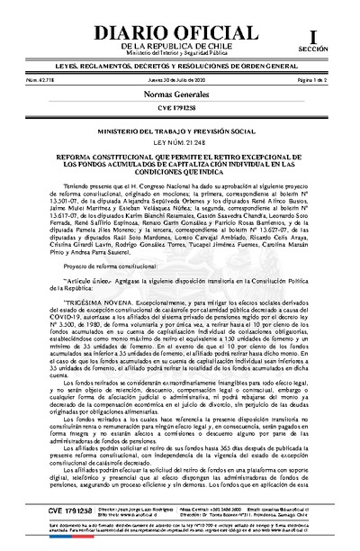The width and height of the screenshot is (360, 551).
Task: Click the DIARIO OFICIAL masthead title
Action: [x=179, y=25]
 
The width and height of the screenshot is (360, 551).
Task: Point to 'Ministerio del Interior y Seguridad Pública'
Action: [x=179, y=52]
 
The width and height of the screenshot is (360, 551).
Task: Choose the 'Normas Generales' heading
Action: [x=179, y=95]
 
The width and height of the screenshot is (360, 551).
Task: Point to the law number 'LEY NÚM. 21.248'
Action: [x=179, y=142]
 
